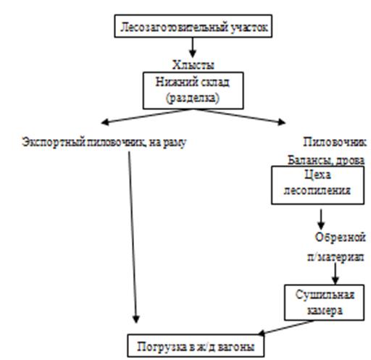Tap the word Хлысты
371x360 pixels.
(193, 65)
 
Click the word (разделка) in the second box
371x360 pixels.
(193, 99)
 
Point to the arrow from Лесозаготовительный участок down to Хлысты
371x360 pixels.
(193, 47)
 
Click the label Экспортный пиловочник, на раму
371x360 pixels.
(104, 143)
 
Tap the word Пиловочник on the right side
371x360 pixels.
(335, 142)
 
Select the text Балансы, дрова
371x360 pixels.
(326, 161)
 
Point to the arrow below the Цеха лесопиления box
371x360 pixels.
(321, 219)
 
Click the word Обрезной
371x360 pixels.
(340, 238)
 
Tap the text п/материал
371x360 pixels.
(335, 257)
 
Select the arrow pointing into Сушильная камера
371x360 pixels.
(335, 274)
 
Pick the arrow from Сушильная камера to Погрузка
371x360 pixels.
(286, 327)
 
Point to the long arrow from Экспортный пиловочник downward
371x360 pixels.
(133, 237)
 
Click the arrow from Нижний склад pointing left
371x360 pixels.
(147, 117)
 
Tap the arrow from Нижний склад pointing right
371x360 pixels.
(240, 117)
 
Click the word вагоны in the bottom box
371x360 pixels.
(236, 348)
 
